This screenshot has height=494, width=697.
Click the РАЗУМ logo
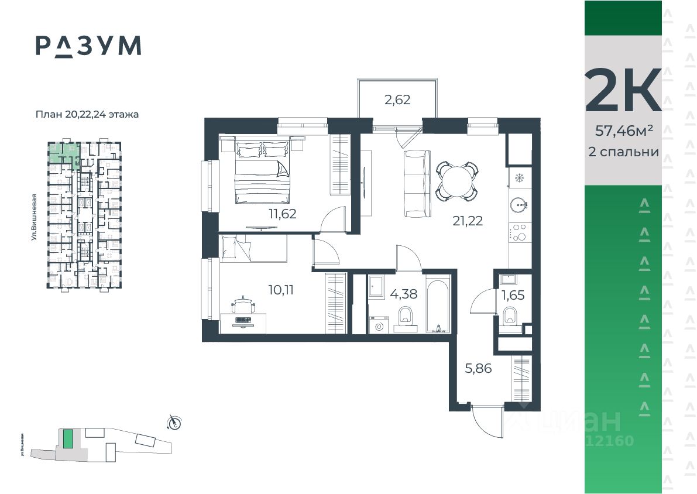[88, 46]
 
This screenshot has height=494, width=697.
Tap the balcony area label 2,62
[397, 100]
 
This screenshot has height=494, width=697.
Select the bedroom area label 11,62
[283, 214]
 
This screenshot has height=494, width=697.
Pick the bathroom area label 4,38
[404, 294]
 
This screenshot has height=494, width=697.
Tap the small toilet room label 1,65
[513, 294]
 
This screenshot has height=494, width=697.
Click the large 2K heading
[623, 91]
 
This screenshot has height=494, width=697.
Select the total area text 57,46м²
[623, 131]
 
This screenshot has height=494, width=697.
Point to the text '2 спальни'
[623, 152]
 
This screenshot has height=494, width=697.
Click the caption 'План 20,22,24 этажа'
[87, 115]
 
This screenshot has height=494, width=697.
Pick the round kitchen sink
[519, 205]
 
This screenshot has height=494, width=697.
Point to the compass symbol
[174, 421]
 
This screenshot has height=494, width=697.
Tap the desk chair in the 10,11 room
[242, 306]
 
